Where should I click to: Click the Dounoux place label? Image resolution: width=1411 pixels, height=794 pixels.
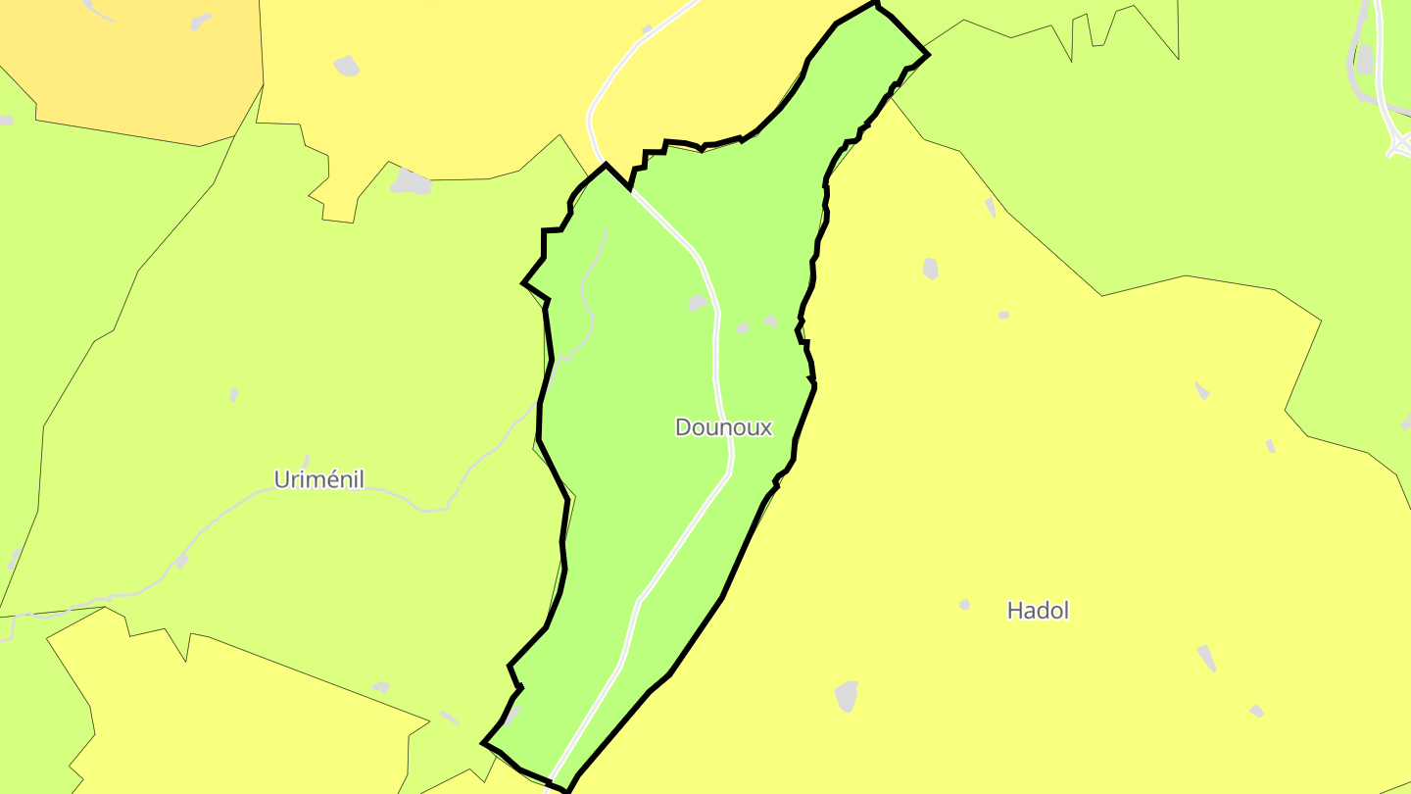click(723, 427)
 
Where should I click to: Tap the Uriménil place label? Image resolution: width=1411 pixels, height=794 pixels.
click(319, 479)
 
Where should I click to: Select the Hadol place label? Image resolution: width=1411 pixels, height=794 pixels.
click(1038, 611)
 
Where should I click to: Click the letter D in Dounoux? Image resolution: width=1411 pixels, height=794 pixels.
click(684, 427)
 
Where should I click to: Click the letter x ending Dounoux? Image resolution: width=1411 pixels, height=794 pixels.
click(765, 428)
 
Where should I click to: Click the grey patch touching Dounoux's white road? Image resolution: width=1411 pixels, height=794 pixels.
click(698, 303)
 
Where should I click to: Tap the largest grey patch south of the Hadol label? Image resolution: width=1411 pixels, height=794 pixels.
click(847, 696)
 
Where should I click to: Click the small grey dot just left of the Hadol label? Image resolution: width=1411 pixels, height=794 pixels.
click(964, 605)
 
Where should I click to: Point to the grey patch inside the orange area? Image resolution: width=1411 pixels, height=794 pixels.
click(201, 21)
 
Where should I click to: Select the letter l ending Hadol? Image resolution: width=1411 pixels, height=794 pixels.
click(1065, 610)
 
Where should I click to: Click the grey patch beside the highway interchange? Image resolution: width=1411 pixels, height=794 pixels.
click(1365, 59)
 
